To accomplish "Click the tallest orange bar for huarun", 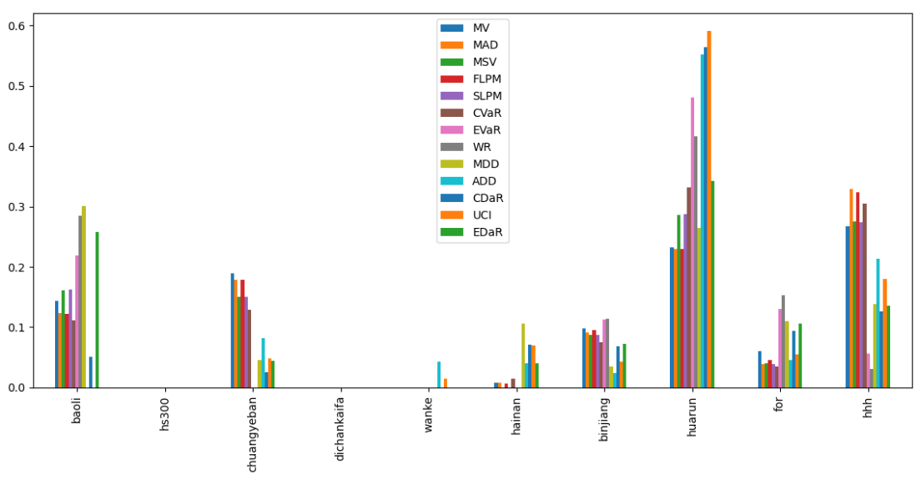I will pyautogui.click(x=709, y=209).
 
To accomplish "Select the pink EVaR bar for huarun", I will pyautogui.click(x=692, y=242).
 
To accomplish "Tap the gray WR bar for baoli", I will pyautogui.click(x=80, y=301).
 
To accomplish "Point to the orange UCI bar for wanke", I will pyautogui.click(x=445, y=383).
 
